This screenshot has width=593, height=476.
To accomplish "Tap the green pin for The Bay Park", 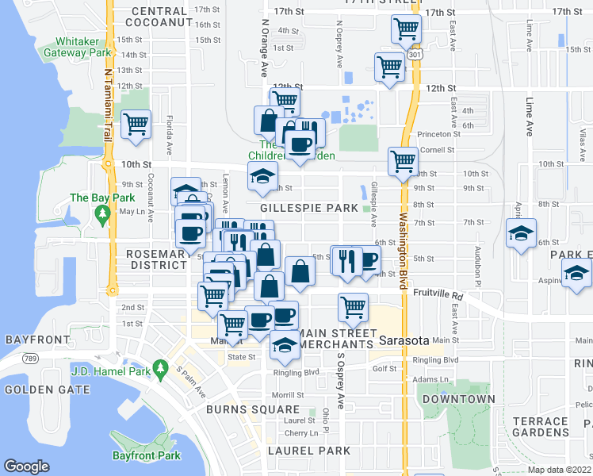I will tap(101, 213).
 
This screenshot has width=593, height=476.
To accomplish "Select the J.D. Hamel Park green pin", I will tap(162, 367).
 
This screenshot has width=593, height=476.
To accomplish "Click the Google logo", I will tap(26, 466).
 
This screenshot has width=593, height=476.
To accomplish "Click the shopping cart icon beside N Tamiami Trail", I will tap(136, 124).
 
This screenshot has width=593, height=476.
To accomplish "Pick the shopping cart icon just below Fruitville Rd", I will tap(353, 306).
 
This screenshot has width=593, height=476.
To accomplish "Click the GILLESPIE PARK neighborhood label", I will tap(308, 208).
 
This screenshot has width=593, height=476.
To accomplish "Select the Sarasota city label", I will tap(404, 340).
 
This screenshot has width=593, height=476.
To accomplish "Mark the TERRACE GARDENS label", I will tap(540, 427).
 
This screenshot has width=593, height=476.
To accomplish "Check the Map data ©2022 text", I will tap(559, 470).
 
